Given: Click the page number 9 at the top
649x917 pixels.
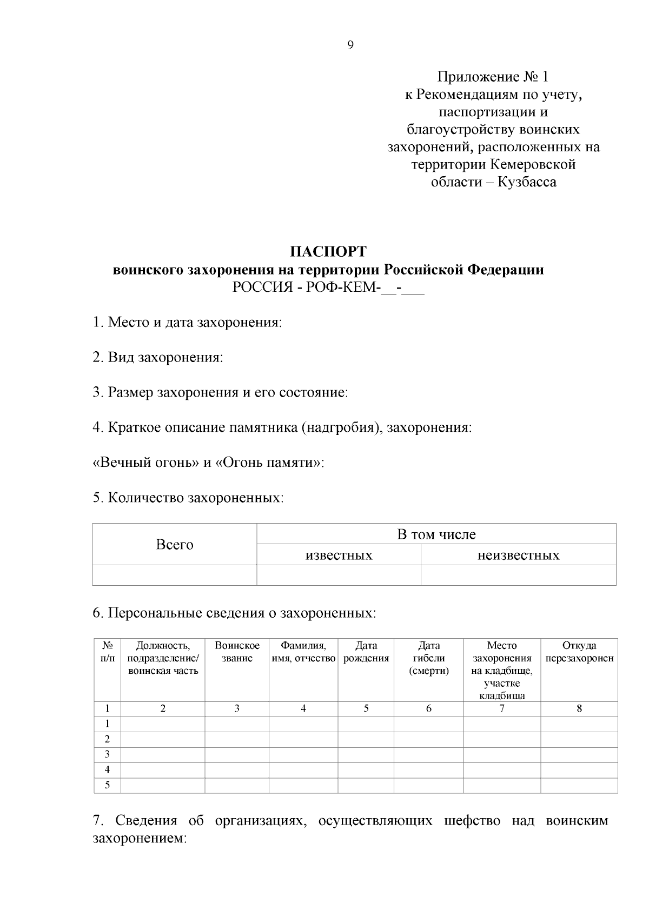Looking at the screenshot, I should [350, 45].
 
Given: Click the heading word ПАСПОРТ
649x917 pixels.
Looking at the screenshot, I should [328, 252].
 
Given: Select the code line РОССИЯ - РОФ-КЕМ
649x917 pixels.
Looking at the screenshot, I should [328, 287].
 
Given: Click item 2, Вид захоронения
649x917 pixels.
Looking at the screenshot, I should [158, 357].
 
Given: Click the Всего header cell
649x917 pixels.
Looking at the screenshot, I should [174, 545].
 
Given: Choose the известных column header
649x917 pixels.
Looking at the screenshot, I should [339, 555].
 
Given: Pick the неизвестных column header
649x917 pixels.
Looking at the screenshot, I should [518, 555].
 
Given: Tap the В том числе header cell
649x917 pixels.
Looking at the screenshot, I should [436, 534].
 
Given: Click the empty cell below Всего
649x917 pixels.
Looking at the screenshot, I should [174, 575].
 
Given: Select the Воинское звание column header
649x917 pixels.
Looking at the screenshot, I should [237, 652].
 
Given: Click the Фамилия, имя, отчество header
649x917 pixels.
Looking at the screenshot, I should [303, 652].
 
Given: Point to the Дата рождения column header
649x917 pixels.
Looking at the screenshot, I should [366, 652].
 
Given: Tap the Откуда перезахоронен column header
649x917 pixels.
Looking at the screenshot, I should [579, 652].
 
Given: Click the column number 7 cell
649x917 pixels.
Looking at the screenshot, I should [502, 708].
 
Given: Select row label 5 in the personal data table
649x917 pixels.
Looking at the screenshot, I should [107, 785].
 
